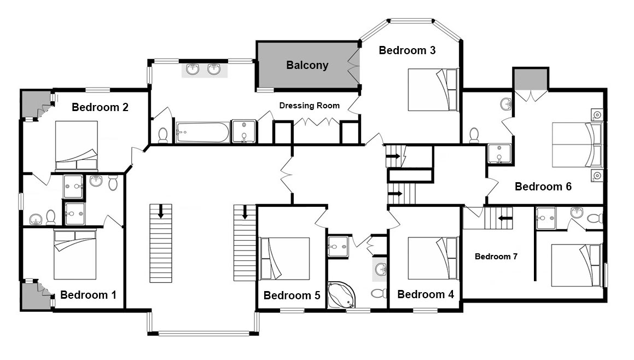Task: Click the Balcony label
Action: pyautogui.click(x=307, y=65)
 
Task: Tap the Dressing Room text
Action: pyautogui.click(x=309, y=106)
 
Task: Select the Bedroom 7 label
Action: pyautogui.click(x=496, y=257)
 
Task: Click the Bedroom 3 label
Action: pyautogui.click(x=407, y=50)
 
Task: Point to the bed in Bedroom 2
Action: pyautogui.click(x=77, y=146)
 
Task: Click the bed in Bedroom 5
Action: pyautogui.click(x=284, y=258)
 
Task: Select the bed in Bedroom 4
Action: pyautogui.click(x=433, y=258)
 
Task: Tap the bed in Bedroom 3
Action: pyautogui.click(x=433, y=89)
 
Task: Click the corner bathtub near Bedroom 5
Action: pyautogui.click(x=341, y=295)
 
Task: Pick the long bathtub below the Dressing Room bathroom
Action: pyautogui.click(x=202, y=132)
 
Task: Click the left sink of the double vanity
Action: pyautogui.click(x=193, y=69)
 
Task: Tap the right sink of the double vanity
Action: pyautogui.click(x=214, y=69)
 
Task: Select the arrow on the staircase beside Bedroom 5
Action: pyautogui.click(x=245, y=212)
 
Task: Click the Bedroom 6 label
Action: pyautogui.click(x=543, y=187)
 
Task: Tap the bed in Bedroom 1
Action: pyautogui.click(x=75, y=254)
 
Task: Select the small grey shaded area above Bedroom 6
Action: pyautogui.click(x=531, y=79)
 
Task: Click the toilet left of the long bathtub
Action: pyautogui.click(x=163, y=136)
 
